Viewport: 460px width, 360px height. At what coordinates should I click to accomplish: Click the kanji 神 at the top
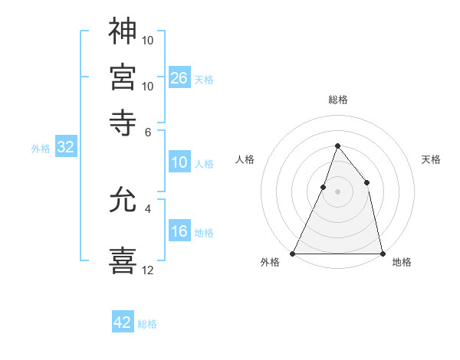point(123,31)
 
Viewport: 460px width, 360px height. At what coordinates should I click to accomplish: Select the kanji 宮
point(123,76)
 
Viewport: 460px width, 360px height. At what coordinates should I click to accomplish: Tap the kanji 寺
point(123,120)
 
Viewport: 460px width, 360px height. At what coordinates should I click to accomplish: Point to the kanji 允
point(123,202)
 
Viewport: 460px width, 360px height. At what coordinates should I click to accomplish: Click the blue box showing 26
point(179,77)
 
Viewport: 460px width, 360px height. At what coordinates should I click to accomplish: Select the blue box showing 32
point(65,148)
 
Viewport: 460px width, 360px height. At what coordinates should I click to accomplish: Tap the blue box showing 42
point(123,322)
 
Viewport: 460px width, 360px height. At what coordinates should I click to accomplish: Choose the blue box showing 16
point(179,232)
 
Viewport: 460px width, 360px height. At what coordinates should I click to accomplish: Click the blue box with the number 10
point(179,162)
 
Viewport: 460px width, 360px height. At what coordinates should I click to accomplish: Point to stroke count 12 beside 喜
point(148,270)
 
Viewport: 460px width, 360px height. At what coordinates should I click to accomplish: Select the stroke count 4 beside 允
point(148,208)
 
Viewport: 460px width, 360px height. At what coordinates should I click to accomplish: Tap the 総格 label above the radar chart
point(337,100)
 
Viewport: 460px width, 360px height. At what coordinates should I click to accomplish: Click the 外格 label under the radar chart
point(270,263)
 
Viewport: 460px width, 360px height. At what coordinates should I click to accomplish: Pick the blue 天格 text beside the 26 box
point(204,79)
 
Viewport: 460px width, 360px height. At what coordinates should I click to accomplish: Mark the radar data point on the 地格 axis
point(382,253)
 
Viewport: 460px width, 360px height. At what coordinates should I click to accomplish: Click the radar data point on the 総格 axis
point(337,146)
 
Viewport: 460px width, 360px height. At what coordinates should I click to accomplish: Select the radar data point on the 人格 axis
point(324,187)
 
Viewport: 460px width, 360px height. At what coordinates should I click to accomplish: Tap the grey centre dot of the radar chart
point(337,191)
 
